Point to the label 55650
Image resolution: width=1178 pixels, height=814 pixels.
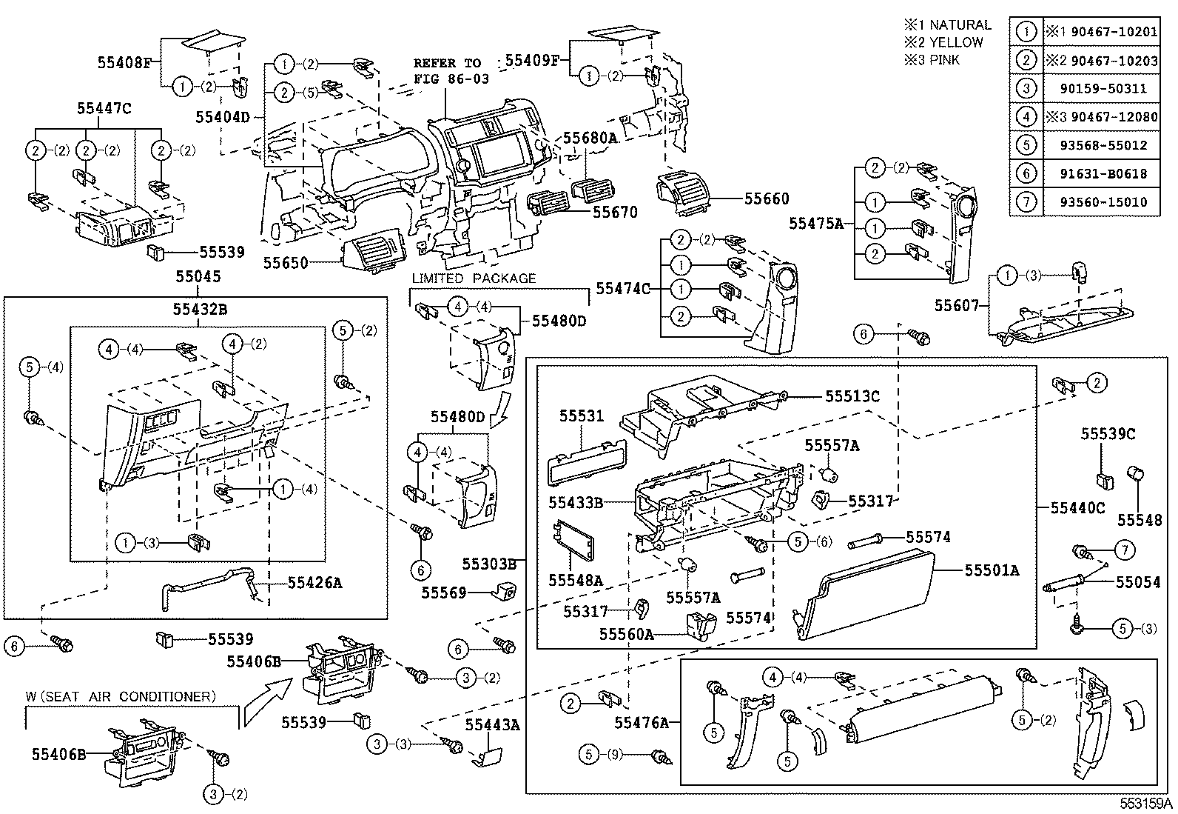click(x=285, y=262)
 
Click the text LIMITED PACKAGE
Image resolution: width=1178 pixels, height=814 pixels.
click(x=474, y=278)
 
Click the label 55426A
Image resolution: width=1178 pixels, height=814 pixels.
click(x=314, y=583)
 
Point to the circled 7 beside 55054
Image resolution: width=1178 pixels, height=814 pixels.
click(x=1125, y=550)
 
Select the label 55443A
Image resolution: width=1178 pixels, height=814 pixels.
click(x=492, y=725)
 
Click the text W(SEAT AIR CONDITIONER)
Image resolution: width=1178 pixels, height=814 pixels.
click(x=121, y=696)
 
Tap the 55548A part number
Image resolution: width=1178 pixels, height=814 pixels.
click(x=576, y=579)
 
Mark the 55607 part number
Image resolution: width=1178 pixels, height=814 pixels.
click(x=957, y=305)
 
